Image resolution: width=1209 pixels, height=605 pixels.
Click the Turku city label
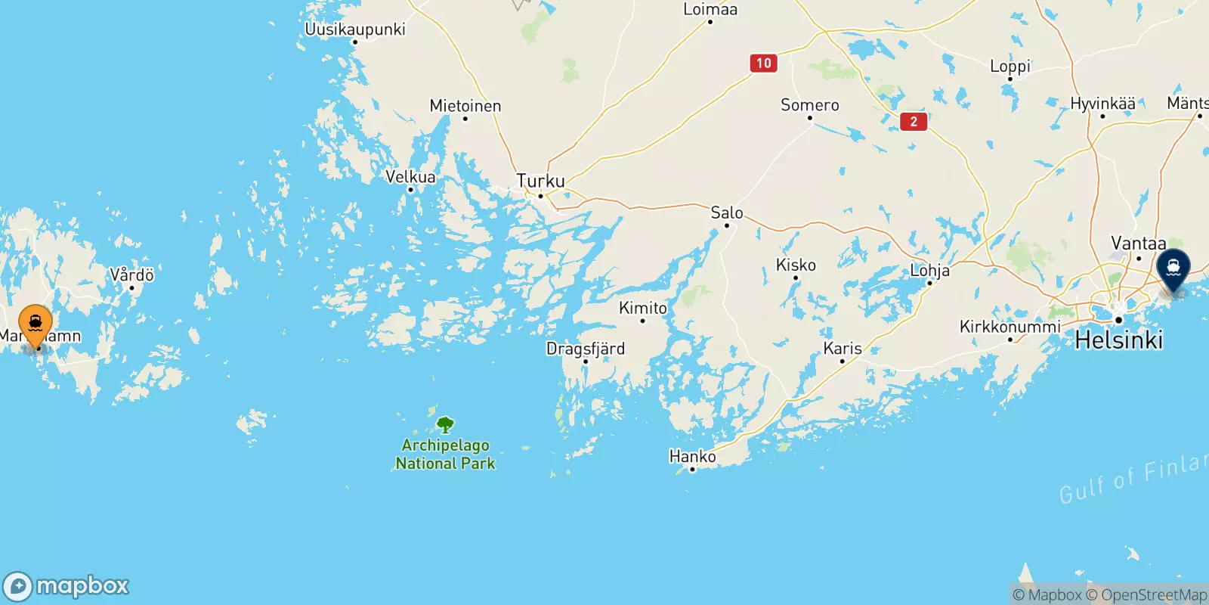[x=540, y=181]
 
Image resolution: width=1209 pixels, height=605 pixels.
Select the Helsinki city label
[x=1118, y=340]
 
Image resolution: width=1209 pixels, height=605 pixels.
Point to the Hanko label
[x=692, y=456]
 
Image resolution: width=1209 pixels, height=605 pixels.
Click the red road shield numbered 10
[x=764, y=64]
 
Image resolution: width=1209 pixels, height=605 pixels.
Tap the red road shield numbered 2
[x=914, y=121]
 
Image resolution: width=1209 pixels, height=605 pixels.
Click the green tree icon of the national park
[x=446, y=424]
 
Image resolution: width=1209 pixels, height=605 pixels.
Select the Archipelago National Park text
[x=445, y=455]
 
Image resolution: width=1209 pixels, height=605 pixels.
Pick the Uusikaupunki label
[x=354, y=29]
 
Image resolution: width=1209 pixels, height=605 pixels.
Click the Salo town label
[x=727, y=213]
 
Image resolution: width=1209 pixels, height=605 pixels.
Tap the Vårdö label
[x=132, y=275]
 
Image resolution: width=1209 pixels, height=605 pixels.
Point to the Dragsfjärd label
[x=586, y=349]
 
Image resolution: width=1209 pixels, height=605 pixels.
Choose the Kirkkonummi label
[x=1010, y=327]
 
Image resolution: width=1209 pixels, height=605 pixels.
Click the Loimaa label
[x=710, y=10]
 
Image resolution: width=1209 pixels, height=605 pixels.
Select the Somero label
[x=809, y=105]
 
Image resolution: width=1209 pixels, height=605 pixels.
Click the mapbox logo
[x=66, y=586]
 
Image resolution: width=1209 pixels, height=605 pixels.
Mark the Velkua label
[x=410, y=177]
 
